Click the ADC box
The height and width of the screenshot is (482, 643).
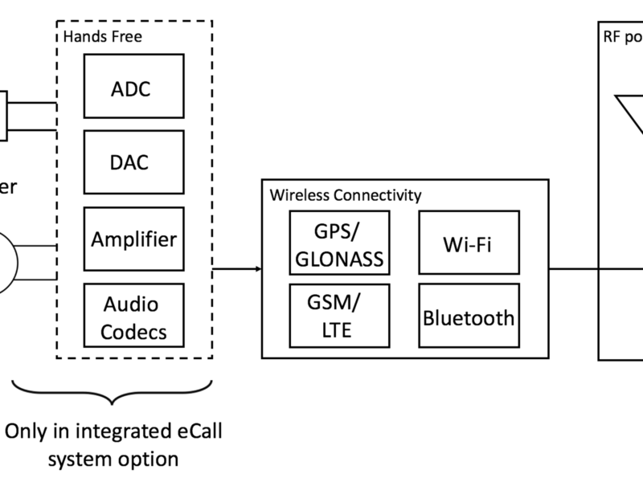pos(133,88)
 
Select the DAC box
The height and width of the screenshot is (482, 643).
pos(133,162)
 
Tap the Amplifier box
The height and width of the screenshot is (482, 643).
pos(133,239)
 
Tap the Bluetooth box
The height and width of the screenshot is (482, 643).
pos(467,317)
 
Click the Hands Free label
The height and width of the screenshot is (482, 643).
pos(94,37)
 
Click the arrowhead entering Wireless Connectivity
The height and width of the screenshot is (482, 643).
pos(257,268)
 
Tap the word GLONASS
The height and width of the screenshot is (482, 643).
pos(338,259)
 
